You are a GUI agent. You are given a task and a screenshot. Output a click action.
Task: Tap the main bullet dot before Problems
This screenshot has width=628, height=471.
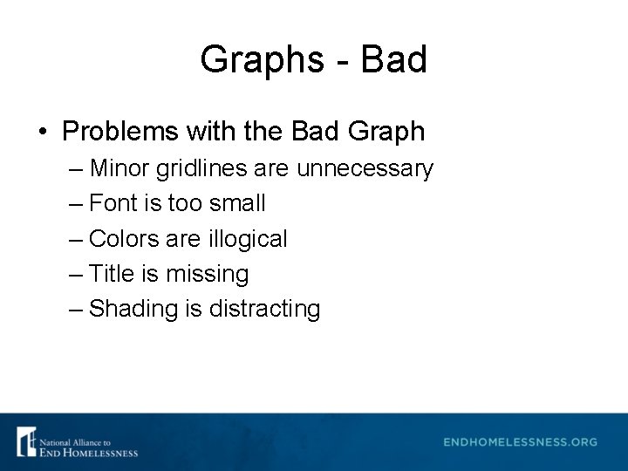43,132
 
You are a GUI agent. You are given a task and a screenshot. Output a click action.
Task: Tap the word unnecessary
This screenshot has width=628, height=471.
365,167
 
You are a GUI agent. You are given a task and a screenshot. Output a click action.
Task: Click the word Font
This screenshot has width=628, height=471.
113,203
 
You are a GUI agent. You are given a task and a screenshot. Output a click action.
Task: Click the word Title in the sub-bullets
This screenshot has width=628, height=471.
112,274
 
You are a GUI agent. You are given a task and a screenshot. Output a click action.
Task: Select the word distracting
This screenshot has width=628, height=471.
265,309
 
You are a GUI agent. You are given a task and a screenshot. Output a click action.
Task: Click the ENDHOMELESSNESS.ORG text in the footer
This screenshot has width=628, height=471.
520,442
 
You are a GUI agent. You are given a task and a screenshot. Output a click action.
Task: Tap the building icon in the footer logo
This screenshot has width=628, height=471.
26,441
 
